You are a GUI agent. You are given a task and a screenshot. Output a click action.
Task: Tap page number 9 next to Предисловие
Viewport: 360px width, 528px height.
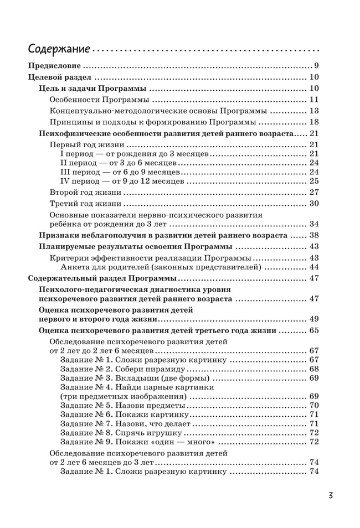pyautogui.click(x=316, y=65)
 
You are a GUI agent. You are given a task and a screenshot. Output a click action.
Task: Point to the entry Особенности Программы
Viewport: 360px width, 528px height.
pyautogui.click(x=100, y=100)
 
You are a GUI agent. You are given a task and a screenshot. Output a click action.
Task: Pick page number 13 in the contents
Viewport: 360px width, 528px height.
pyautogui.click(x=314, y=111)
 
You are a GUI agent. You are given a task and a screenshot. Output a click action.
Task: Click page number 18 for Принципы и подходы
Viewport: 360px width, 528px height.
pyautogui.click(x=314, y=122)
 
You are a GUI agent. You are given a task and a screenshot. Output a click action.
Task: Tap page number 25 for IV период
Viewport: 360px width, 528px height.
pyautogui.click(x=314, y=180)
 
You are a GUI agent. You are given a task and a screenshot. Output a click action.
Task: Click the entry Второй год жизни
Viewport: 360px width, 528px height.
pyautogui.click(x=85, y=192)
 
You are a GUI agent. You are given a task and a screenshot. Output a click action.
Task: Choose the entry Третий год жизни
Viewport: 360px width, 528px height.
pyautogui.click(x=85, y=204)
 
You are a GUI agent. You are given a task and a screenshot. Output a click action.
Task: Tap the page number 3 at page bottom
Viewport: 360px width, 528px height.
pyautogui.click(x=330, y=495)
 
